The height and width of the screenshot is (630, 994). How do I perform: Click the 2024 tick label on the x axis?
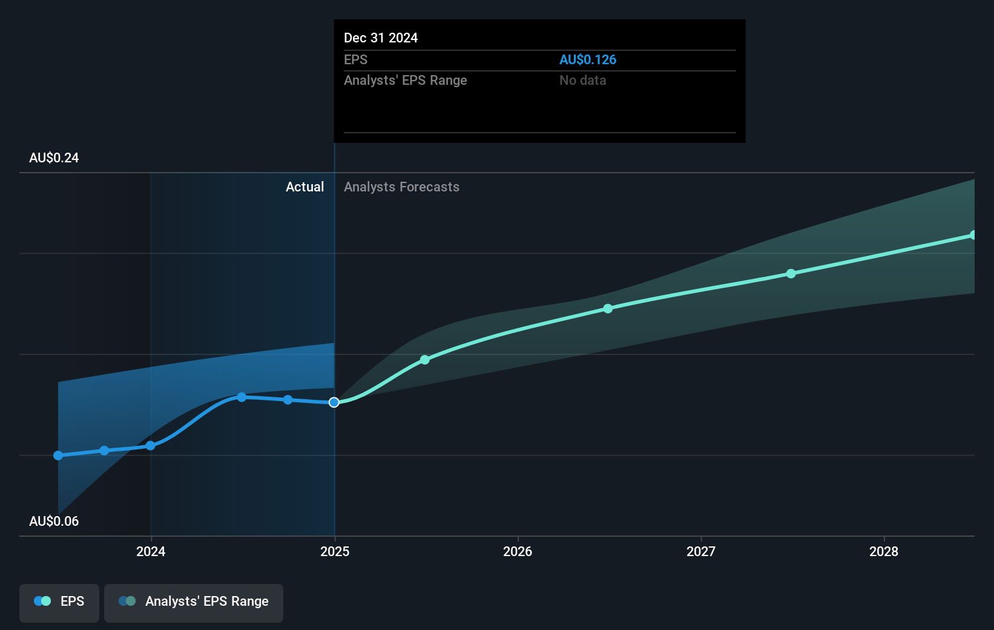151,551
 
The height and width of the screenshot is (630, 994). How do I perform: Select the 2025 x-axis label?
335,551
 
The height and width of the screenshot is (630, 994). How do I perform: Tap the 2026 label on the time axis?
518,551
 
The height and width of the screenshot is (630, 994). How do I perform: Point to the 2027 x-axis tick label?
701,551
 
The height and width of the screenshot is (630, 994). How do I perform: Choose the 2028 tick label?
884,551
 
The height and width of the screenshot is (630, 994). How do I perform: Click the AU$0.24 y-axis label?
54,158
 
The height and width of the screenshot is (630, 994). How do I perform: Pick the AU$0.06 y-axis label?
54,522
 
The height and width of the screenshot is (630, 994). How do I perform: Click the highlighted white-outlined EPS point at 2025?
334,403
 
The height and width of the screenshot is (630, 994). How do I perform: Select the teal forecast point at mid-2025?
425,360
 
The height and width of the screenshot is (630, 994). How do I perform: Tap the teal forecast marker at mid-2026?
608,309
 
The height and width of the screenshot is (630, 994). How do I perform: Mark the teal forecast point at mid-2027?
791,274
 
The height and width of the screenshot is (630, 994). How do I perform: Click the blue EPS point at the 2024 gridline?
151,446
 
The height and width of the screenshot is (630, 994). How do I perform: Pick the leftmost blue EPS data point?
58,456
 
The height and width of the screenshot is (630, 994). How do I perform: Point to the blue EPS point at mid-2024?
242,397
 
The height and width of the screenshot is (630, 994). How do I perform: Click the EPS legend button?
59,602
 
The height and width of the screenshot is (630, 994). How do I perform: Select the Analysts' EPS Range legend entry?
194,602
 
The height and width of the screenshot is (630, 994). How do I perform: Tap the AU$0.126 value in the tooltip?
588,60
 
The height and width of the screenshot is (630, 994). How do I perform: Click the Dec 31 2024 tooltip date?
381,38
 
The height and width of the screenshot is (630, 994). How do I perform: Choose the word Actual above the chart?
304,187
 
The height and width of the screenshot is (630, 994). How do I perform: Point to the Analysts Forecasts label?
401,187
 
